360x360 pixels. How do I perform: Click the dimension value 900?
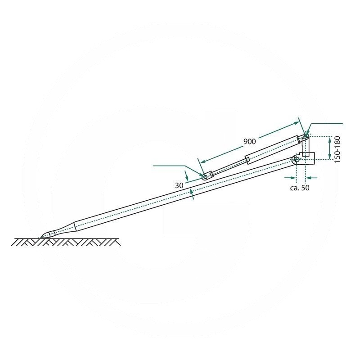click(250, 141)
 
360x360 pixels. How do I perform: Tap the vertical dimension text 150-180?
click(337, 149)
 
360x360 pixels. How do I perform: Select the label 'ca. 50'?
click(300, 188)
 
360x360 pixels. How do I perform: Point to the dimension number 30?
click(179, 185)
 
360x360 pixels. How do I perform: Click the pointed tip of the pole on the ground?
click(42, 237)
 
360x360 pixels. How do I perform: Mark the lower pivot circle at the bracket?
click(297, 159)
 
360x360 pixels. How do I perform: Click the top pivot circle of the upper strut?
click(306, 136)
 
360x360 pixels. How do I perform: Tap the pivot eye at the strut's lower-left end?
click(205, 177)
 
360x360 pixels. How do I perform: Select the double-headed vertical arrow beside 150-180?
click(330, 148)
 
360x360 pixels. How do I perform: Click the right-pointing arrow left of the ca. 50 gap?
click(290, 177)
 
